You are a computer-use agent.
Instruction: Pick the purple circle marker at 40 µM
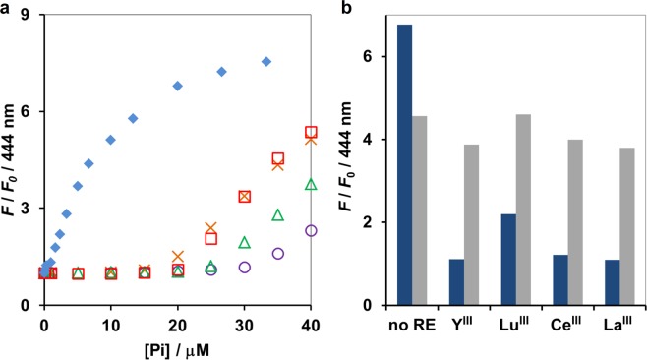coord(311,230)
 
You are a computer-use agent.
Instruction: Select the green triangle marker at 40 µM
coord(311,184)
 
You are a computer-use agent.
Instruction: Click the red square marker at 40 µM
coord(311,132)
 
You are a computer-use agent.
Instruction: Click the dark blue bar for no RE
coord(404,164)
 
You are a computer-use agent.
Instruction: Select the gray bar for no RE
coord(419,210)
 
